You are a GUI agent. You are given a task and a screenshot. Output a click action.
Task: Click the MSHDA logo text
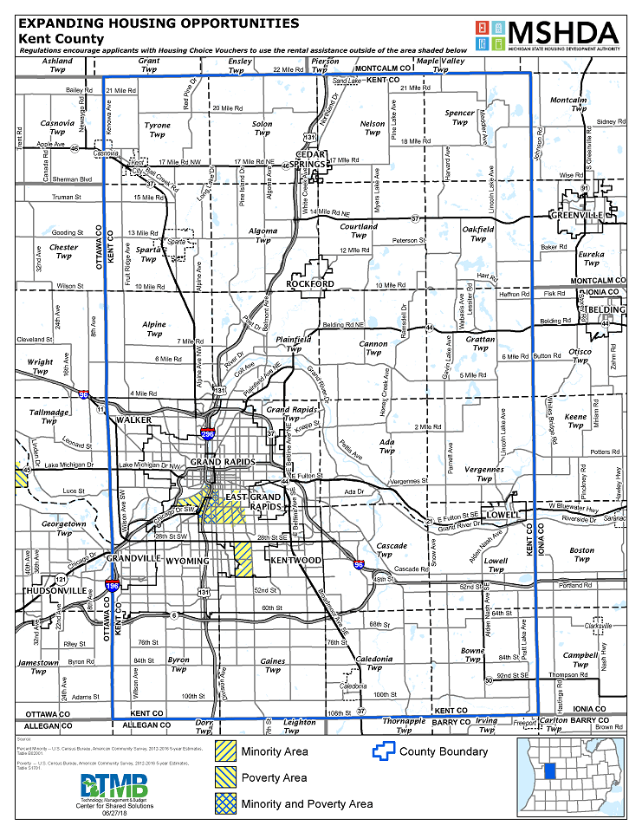[x=564, y=32]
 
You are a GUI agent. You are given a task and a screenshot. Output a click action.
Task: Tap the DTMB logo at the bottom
[x=114, y=786]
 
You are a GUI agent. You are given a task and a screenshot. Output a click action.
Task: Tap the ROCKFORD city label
[x=309, y=283]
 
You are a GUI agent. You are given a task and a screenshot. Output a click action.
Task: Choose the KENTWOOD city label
[x=296, y=561]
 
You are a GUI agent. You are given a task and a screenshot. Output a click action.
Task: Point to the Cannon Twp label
[x=373, y=348]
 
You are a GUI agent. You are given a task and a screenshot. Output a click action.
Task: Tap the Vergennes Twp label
[x=483, y=474]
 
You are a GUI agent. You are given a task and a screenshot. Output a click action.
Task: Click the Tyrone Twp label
[x=157, y=130]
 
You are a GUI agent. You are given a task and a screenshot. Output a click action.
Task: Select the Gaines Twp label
[x=273, y=665]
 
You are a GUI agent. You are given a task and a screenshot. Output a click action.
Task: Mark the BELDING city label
[x=603, y=309]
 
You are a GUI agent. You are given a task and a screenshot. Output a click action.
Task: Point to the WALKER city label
[x=133, y=419]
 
